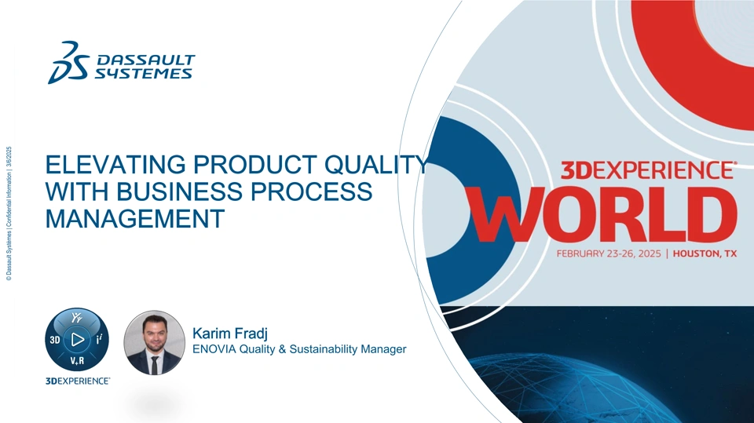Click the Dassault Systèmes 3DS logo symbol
(x=68, y=63)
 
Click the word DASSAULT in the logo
(x=146, y=60)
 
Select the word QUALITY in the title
(x=376, y=164)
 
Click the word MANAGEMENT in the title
(x=135, y=219)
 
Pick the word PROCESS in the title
(x=311, y=191)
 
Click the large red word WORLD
(x=604, y=215)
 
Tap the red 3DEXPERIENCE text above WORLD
(x=649, y=170)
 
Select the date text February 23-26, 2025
(x=609, y=253)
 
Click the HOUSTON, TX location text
(x=705, y=253)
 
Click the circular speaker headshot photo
(x=155, y=342)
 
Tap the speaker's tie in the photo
(x=155, y=365)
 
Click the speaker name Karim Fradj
(x=230, y=333)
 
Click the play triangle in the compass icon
(x=78, y=339)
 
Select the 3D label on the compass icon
(x=55, y=340)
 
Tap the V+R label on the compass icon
(x=77, y=360)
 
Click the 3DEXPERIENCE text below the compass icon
(x=78, y=381)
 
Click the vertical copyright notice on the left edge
(x=9, y=213)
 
